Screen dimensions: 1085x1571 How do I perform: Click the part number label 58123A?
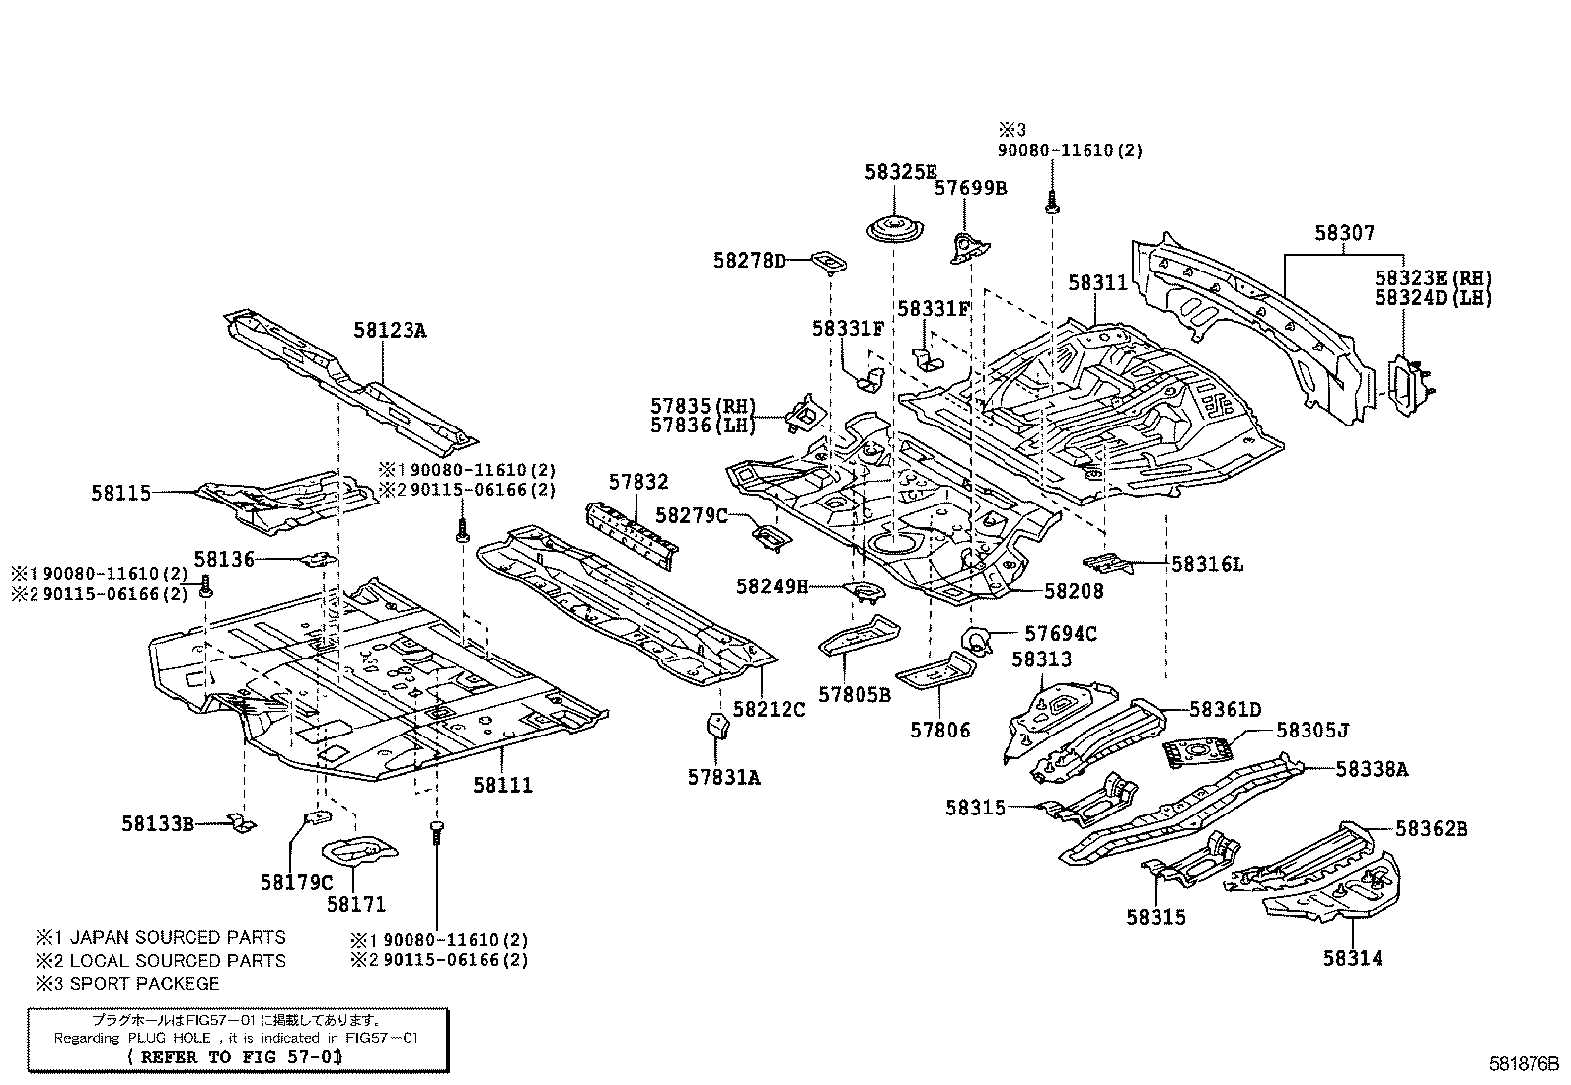390,331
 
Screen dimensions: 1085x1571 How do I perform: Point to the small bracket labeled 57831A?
715,729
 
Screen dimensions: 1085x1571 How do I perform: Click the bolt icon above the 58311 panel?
1053,202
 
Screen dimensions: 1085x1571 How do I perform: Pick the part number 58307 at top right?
1344,234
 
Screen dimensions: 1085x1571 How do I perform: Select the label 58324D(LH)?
1433,297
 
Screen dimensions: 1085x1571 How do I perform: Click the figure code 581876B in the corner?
1524,1065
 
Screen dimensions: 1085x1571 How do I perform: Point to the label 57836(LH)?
702,426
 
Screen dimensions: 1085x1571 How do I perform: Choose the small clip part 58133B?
239,821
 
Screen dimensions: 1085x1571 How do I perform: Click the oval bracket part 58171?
359,848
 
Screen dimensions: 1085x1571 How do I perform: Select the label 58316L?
1207,564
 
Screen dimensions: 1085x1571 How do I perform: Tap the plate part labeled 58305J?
1197,750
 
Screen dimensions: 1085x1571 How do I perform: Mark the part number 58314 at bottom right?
1352,958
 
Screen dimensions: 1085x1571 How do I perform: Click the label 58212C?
769,709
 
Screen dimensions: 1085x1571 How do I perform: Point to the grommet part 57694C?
977,641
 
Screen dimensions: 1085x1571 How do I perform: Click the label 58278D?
749,261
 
